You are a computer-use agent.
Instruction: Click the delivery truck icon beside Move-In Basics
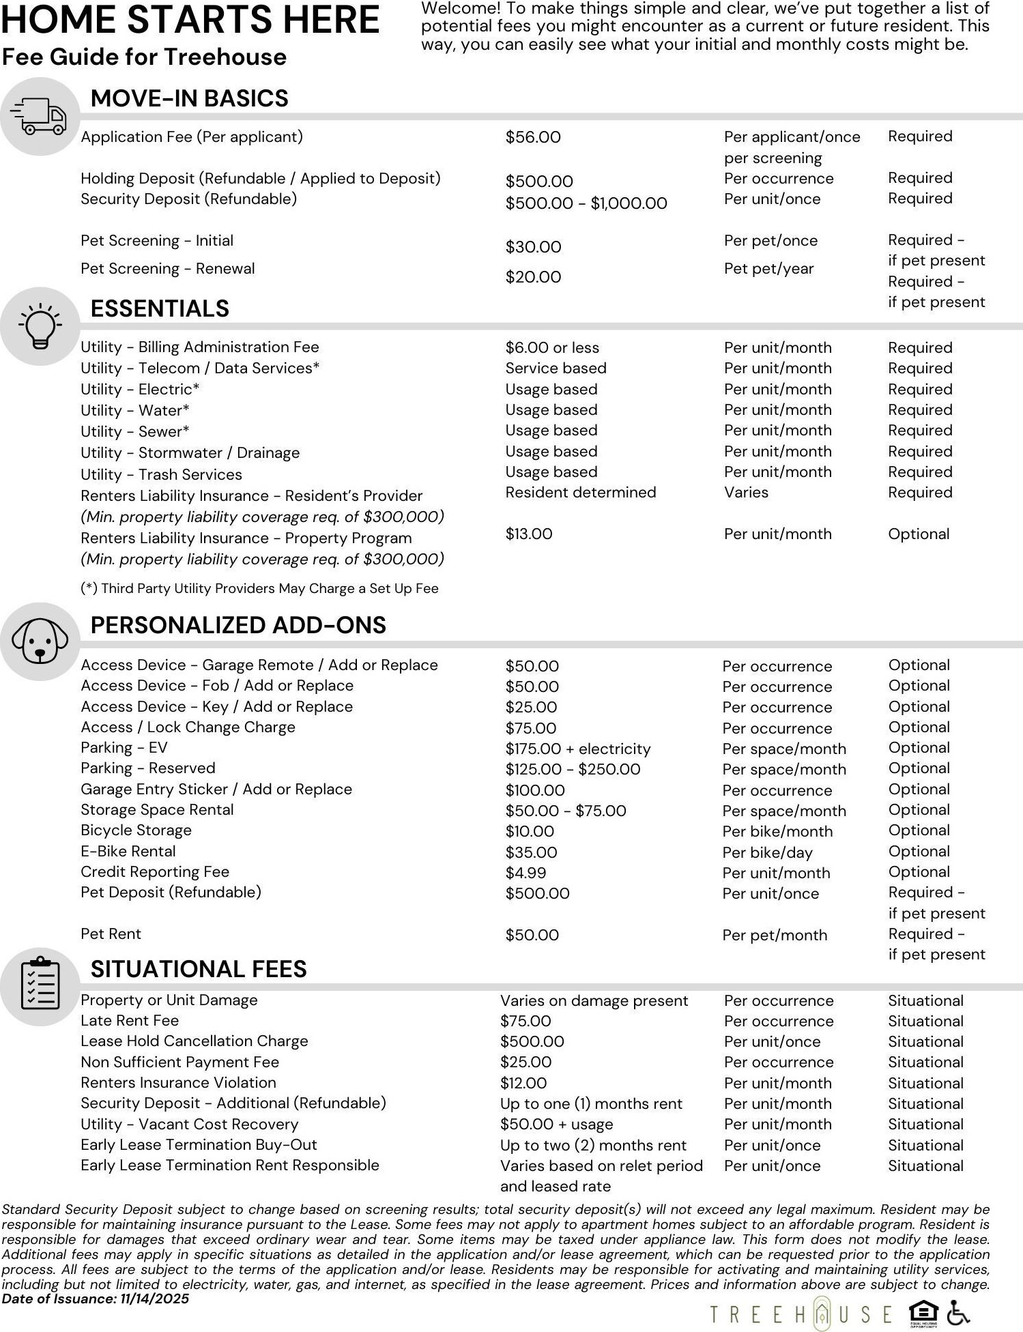click(41, 117)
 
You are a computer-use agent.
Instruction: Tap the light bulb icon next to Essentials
click(40, 326)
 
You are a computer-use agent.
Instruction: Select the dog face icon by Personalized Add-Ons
click(40, 641)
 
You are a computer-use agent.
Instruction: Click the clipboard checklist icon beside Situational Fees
click(40, 986)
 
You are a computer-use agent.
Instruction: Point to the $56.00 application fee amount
click(533, 137)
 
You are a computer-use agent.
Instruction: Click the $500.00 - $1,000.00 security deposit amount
click(586, 203)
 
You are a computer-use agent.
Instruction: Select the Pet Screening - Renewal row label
click(167, 268)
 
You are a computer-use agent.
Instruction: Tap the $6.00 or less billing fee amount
click(552, 347)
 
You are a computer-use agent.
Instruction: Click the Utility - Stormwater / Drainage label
click(190, 453)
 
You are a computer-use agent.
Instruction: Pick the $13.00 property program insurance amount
click(529, 534)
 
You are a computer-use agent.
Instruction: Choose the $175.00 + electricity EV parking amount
click(578, 749)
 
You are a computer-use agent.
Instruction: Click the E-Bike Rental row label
click(128, 851)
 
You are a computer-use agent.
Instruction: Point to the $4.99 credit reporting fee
click(525, 873)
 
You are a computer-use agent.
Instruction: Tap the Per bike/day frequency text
click(768, 852)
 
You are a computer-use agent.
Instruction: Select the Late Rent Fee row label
click(130, 1020)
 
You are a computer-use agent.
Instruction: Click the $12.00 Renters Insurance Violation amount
click(523, 1083)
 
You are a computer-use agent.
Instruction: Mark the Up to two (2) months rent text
click(593, 1145)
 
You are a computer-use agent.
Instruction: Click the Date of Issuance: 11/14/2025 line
click(96, 1299)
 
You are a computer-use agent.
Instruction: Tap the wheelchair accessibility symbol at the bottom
click(958, 1312)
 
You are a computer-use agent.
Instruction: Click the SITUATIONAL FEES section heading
click(199, 969)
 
